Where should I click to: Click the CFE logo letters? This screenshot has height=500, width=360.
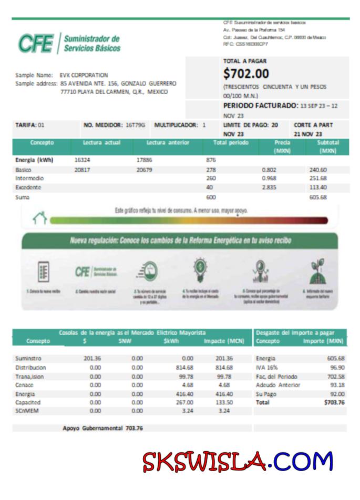[x=36, y=44]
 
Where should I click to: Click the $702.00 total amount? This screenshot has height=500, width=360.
[x=246, y=74]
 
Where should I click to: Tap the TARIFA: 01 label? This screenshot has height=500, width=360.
[x=30, y=125]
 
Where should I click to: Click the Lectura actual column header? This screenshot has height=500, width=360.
[x=102, y=143]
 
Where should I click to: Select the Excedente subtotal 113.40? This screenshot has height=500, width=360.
[x=318, y=187]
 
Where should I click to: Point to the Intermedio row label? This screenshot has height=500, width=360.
[x=29, y=179]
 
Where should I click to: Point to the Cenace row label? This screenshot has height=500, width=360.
[x=25, y=385]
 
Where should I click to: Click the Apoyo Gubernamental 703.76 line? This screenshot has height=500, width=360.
[x=102, y=428]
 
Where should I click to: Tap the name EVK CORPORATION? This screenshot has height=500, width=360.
[x=84, y=75]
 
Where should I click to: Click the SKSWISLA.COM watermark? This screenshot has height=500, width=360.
[x=238, y=462]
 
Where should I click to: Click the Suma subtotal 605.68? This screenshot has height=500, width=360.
[x=318, y=197]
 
